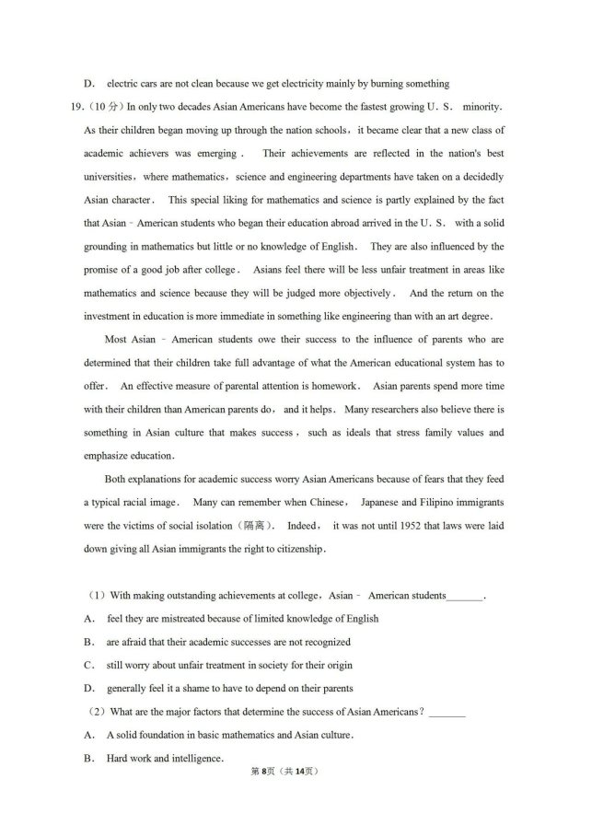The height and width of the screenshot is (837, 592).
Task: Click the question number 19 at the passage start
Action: (76, 107)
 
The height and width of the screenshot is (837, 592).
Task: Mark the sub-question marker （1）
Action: (95, 595)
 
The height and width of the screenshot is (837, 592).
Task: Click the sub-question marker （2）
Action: (95, 711)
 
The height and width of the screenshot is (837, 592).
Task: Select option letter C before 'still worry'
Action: (89, 665)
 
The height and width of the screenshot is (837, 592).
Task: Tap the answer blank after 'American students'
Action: (465, 596)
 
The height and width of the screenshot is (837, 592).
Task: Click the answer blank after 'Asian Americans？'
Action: (447, 712)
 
